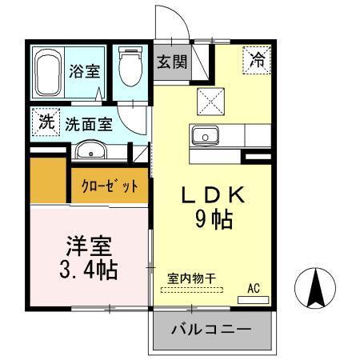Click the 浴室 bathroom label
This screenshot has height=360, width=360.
click(x=84, y=70)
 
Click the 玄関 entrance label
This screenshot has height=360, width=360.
click(x=171, y=62)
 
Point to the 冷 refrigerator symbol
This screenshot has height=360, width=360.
click(x=258, y=59)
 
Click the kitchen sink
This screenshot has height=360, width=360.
click(x=206, y=137)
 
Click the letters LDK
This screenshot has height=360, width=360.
click(x=210, y=194)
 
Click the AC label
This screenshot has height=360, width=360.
click(x=254, y=287)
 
